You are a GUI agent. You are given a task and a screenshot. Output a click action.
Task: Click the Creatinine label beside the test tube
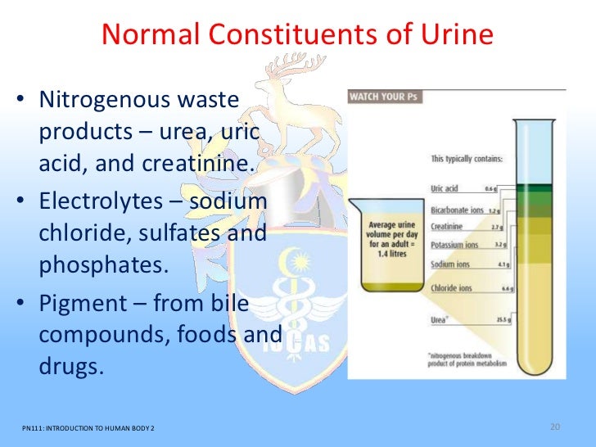click(449, 227)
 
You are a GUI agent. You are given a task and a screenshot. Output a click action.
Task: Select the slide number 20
click(554, 427)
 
